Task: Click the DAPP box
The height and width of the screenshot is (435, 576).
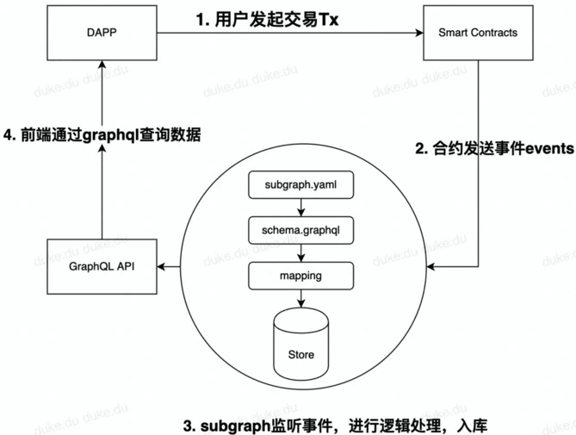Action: point(102,34)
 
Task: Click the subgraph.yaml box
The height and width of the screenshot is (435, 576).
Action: point(299,184)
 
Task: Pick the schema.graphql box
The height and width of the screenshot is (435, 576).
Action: point(299,230)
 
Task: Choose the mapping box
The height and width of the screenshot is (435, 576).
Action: point(299,277)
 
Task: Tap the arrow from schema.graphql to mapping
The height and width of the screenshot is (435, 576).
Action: point(299,253)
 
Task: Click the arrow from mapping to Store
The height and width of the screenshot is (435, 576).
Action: point(299,298)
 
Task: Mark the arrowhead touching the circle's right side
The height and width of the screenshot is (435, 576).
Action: point(434,267)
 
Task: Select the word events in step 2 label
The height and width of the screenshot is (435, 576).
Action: point(543,148)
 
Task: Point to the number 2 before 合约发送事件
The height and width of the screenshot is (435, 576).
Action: point(421,148)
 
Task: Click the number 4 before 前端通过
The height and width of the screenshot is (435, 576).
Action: point(9,134)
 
